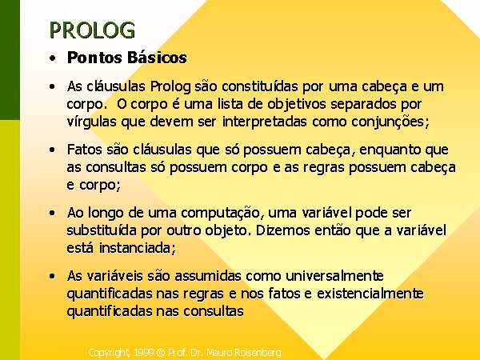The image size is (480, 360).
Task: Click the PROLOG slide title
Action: tap(92, 30)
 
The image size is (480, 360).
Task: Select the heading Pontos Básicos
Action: tap(126, 58)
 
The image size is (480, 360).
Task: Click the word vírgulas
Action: tap(92, 122)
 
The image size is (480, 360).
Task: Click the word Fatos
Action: tap(85, 150)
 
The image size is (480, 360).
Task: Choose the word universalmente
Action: tap(334, 276)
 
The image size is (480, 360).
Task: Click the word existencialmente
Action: tap(370, 294)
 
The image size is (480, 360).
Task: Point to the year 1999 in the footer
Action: tap(143, 352)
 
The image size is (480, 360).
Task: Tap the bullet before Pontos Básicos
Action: tap(52, 58)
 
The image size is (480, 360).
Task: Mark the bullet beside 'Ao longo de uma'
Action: tap(52, 213)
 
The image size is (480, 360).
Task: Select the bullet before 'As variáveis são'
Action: tap(52, 276)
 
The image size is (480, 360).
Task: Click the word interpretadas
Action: tap(264, 122)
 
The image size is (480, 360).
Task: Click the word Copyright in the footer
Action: tap(108, 353)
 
